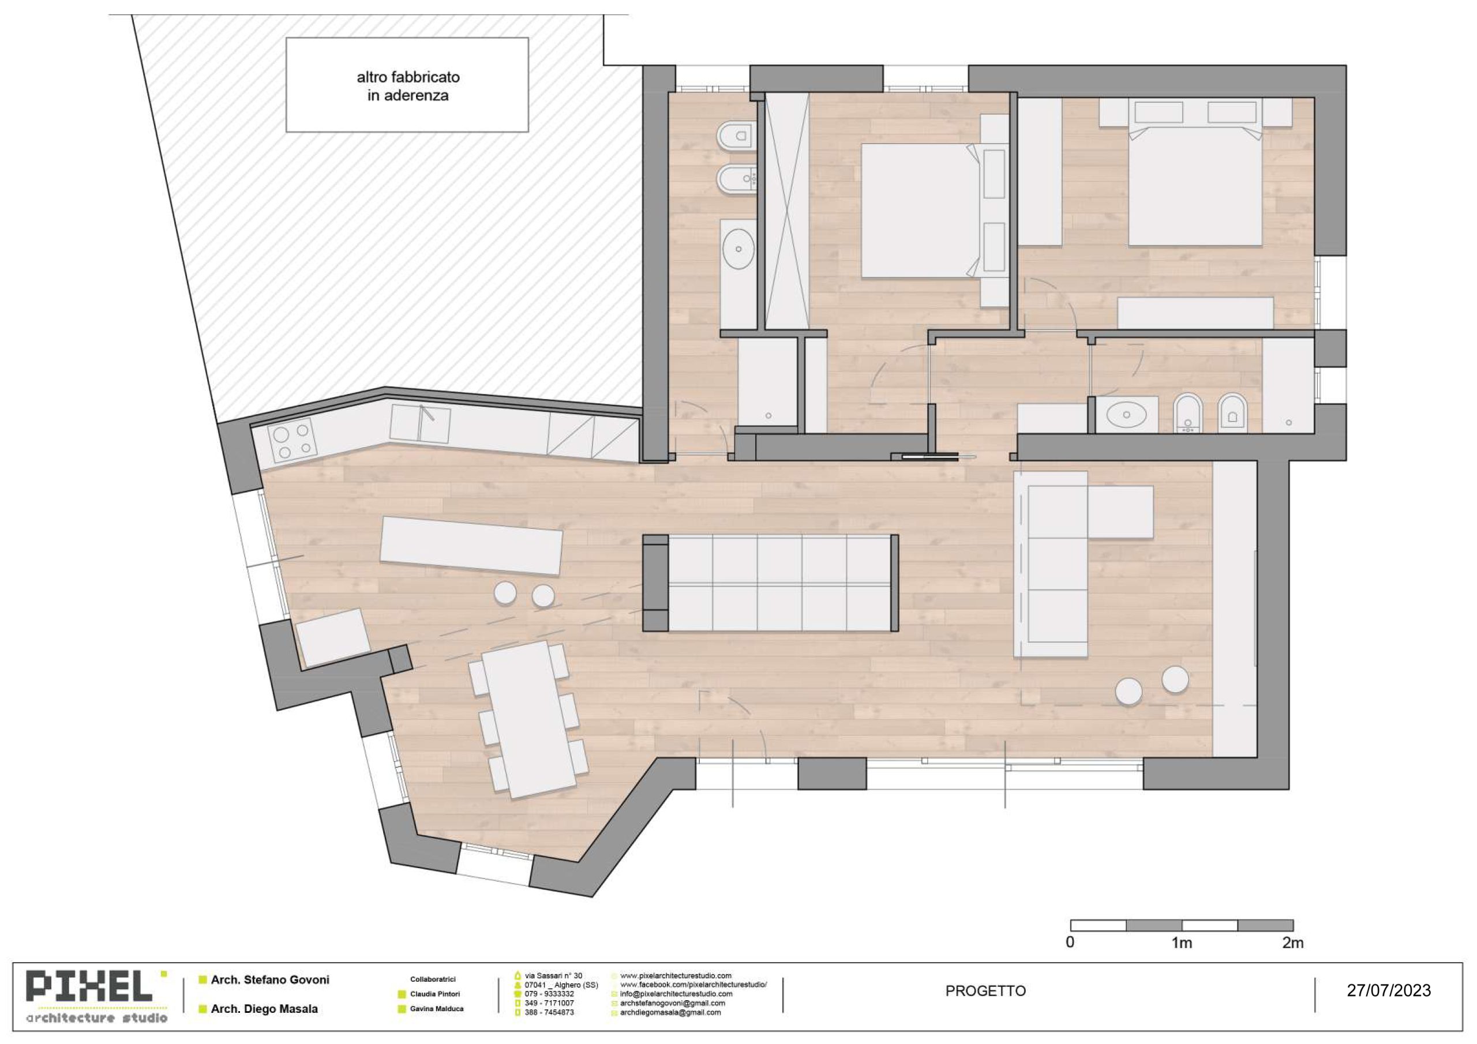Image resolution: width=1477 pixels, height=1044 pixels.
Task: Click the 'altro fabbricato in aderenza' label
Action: pos(408,86)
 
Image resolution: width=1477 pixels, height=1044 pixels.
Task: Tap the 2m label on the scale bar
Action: pos(1292,942)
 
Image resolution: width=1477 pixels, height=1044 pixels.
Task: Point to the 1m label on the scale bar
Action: pos(1181,942)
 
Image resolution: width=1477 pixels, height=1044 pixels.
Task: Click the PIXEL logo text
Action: pos(89,986)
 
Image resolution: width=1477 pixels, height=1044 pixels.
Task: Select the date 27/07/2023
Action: pos(1389,990)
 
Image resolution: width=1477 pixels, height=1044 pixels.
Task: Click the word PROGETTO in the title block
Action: pos(985,990)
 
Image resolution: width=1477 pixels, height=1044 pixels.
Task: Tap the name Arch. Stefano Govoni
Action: pos(269,979)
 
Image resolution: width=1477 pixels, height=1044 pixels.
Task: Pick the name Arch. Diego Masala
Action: pos(264,1009)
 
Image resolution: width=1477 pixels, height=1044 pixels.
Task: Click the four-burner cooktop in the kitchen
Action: pos(292,441)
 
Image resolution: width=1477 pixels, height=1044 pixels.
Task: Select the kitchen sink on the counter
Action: pos(420,424)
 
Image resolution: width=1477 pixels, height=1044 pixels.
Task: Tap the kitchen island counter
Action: pos(471,546)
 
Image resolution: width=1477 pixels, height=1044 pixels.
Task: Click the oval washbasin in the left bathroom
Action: pos(738,248)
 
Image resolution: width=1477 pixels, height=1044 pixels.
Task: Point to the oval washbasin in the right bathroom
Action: pos(1126,415)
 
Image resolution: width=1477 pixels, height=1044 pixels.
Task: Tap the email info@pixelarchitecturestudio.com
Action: pos(676,994)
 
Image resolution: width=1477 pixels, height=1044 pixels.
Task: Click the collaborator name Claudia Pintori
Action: pos(435,994)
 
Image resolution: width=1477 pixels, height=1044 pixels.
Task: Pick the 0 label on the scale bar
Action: pos(1070,942)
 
